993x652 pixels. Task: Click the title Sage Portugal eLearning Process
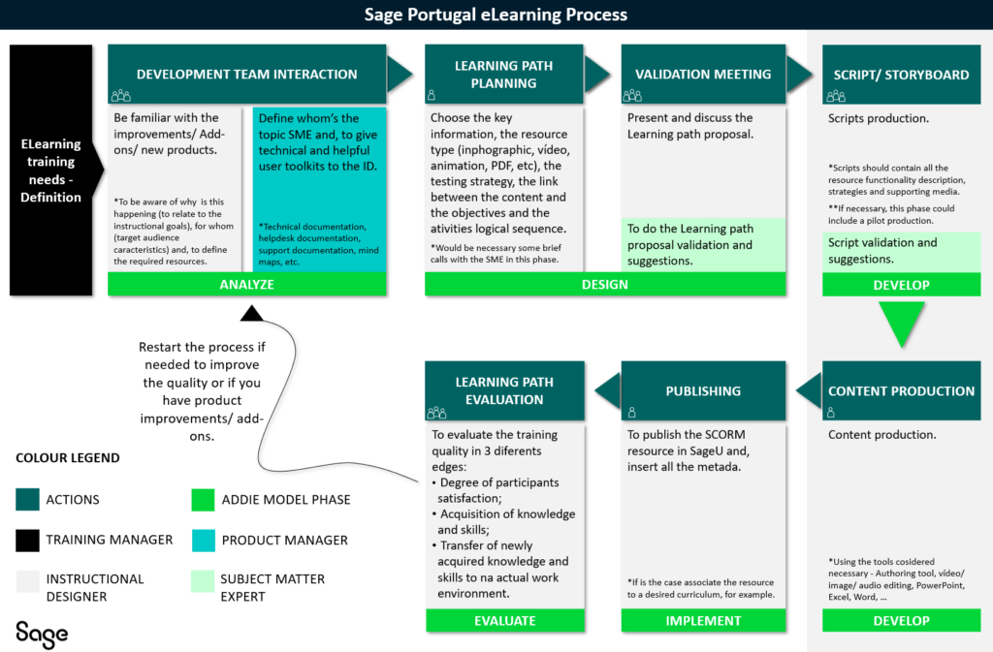pyautogui.click(x=496, y=15)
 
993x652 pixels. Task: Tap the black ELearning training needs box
pyautogui.click(x=51, y=170)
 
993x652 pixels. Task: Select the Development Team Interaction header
pyautogui.click(x=246, y=75)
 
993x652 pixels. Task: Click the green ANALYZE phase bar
pyautogui.click(x=246, y=284)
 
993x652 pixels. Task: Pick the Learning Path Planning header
pyautogui.click(x=504, y=75)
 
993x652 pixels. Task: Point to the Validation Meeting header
pyautogui.click(x=703, y=75)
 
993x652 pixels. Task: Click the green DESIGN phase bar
pyautogui.click(x=603, y=284)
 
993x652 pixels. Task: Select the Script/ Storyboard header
pyautogui.click(x=901, y=75)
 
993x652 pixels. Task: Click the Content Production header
pyautogui.click(x=901, y=391)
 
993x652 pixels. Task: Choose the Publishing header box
pyautogui.click(x=703, y=391)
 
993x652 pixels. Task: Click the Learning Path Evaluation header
pyautogui.click(x=504, y=391)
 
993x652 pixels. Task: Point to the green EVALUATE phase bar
pyautogui.click(x=504, y=621)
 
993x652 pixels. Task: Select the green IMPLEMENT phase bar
pyautogui.click(x=703, y=621)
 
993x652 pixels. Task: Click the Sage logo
pyautogui.click(x=42, y=634)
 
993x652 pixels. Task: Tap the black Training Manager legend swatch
pyautogui.click(x=27, y=540)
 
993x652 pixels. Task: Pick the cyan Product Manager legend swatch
pyautogui.click(x=204, y=540)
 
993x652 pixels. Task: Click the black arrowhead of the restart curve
pyautogui.click(x=251, y=313)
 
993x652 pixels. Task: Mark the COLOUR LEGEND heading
pyautogui.click(x=68, y=458)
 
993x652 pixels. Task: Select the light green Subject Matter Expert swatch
pyautogui.click(x=204, y=579)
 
